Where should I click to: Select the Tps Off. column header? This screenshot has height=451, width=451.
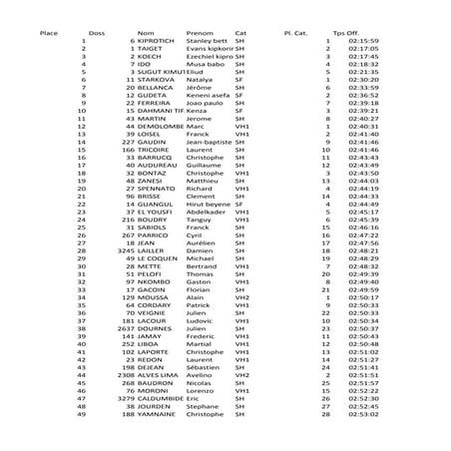coord(345,32)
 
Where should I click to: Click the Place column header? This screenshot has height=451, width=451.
coord(48,32)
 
